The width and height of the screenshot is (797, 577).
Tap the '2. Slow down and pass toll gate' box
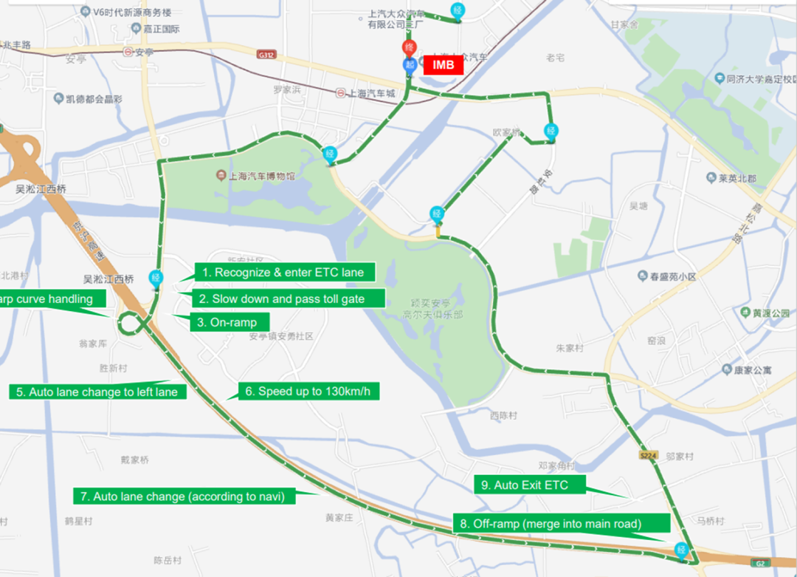[x=289, y=299]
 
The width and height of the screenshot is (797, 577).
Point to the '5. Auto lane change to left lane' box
[x=97, y=392]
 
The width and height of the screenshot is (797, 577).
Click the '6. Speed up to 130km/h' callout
[x=308, y=391]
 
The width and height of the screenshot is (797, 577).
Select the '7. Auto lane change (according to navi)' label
[x=184, y=496]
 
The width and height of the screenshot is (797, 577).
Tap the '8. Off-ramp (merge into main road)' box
[x=560, y=524]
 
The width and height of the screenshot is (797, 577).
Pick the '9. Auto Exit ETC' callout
[x=530, y=485]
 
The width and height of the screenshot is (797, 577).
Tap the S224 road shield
[x=648, y=456]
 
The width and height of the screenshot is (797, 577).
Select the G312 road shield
[x=266, y=54]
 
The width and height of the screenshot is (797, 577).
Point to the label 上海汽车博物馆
[x=255, y=176]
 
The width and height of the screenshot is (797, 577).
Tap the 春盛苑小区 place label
[x=672, y=276]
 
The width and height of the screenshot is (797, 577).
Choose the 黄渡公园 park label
[x=765, y=313]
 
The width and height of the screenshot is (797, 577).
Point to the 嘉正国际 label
[x=161, y=29]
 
